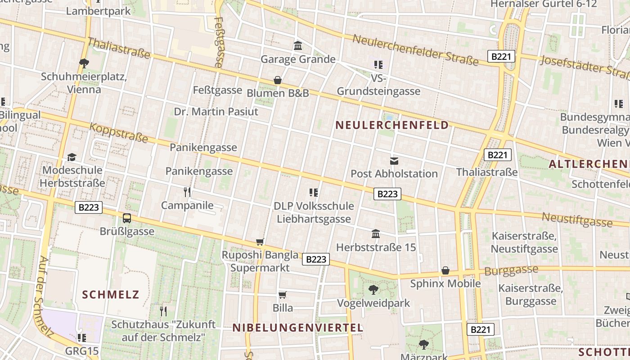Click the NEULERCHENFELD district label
392,125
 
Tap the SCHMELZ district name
111,295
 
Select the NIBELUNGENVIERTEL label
297,328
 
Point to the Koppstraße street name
119,133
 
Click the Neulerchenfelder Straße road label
415,49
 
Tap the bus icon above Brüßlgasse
127,218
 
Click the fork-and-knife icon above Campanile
187,192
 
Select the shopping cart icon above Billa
283,295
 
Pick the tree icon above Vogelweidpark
373,289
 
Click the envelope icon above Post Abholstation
394,161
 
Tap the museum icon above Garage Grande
298,46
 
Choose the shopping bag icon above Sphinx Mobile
445,270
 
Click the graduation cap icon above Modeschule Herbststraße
72,157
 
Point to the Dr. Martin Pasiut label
216,112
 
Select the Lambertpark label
98,11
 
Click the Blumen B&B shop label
278,93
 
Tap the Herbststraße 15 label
376,247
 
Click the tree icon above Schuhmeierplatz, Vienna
84,63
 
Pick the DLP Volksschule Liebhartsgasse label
314,212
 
